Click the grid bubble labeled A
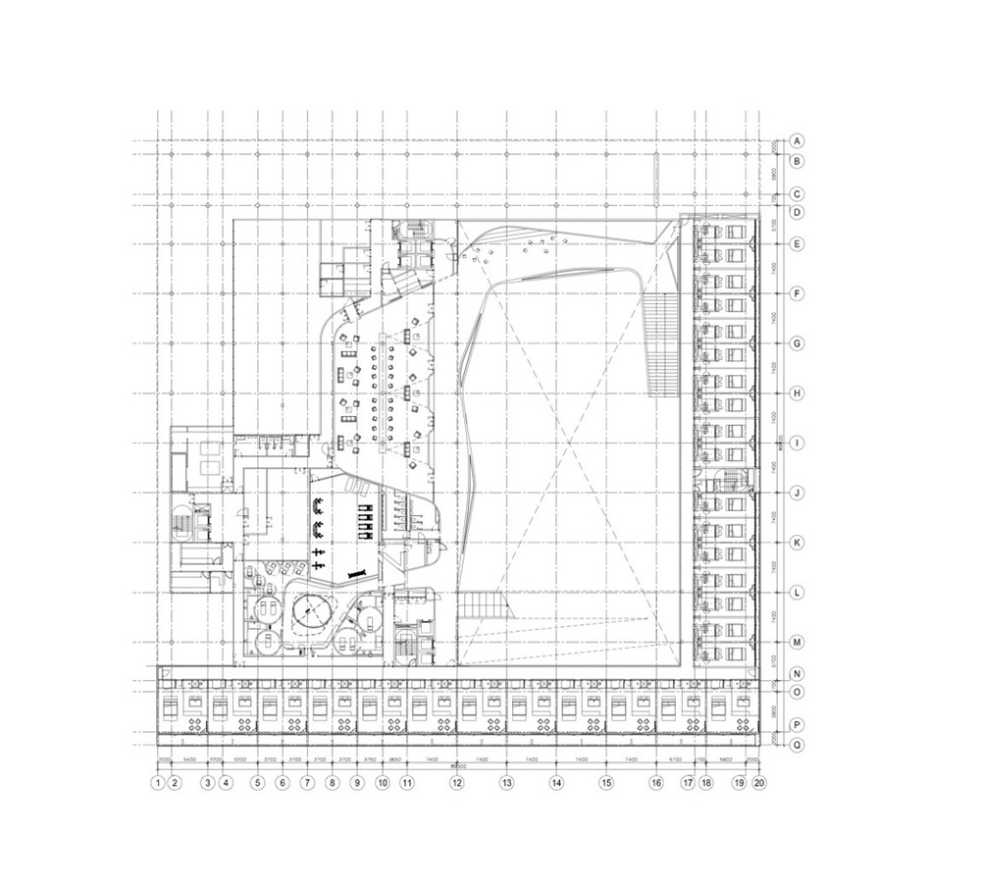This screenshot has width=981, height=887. (799, 140)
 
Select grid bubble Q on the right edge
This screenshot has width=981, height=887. (799, 745)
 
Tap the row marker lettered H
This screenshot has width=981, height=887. (799, 393)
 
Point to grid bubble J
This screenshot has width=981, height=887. (799, 494)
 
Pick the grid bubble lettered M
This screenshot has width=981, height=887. (799, 643)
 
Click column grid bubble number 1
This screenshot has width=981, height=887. (157, 783)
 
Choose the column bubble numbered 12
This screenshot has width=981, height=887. (457, 783)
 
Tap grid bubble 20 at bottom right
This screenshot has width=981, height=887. (758, 783)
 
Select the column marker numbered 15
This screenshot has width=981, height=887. (606, 783)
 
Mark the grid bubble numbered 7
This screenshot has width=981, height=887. (307, 783)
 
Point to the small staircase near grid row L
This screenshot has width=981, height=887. (482, 605)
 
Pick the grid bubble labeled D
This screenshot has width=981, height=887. (799, 212)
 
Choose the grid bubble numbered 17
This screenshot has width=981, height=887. (689, 783)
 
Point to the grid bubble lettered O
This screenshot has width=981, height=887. (799, 693)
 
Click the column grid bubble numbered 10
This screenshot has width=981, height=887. (382, 783)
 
